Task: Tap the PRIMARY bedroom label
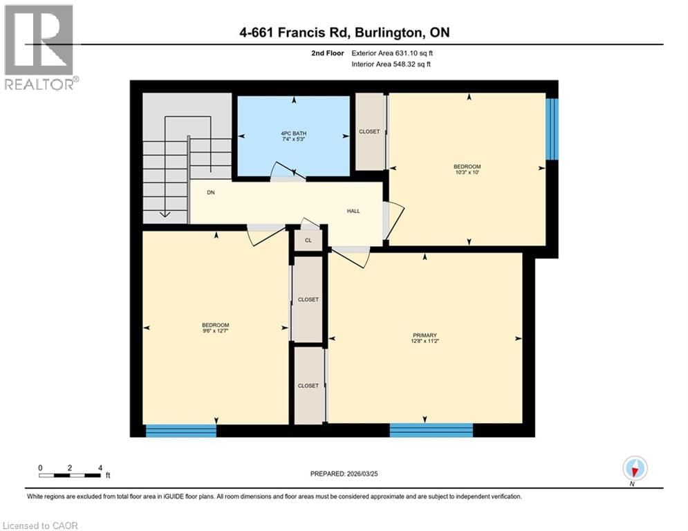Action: point(424,335)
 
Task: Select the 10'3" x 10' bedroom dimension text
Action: point(467,173)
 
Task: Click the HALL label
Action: point(353,212)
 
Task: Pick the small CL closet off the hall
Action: point(308,241)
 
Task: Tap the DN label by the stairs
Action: point(210,194)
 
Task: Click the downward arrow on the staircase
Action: point(165,214)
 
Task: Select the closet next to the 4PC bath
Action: point(369,131)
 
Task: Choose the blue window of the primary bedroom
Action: point(431,430)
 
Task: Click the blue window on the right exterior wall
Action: point(552,129)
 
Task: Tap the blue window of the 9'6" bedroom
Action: point(181,430)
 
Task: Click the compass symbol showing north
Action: point(634,469)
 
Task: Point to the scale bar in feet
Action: point(71,475)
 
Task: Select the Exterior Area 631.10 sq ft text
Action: point(392,53)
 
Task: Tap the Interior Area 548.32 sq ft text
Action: point(392,64)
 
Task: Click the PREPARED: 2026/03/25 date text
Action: point(348,474)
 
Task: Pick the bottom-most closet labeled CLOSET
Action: point(308,385)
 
